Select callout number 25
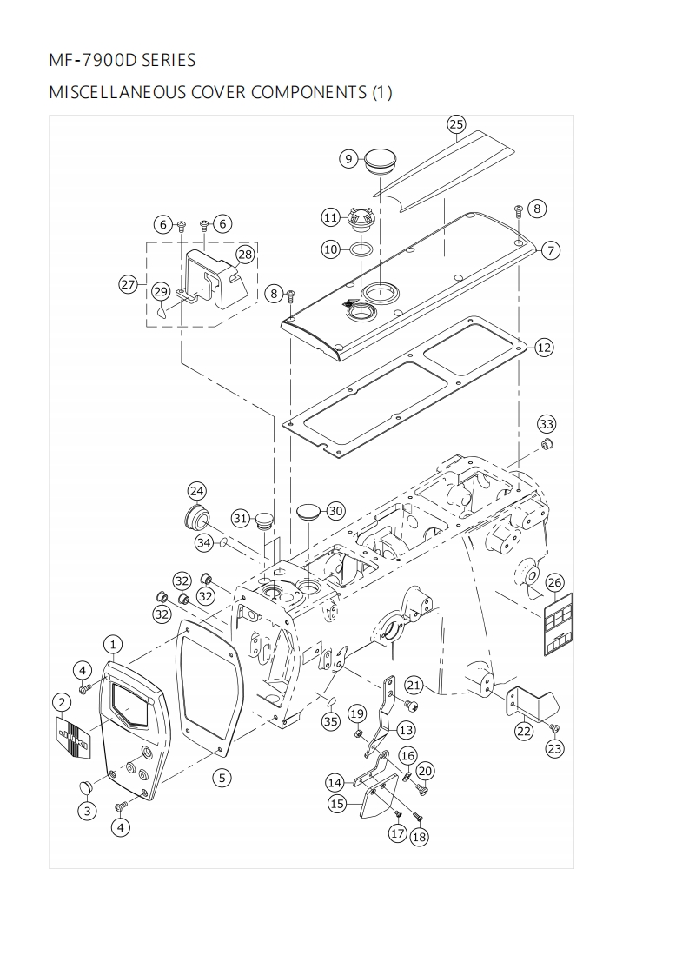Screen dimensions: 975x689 pos(457,124)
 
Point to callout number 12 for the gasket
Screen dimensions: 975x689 pos(544,348)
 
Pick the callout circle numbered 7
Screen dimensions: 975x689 pos(550,250)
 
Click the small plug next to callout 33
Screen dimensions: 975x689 pos(547,446)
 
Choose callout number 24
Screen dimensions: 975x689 pos(197,491)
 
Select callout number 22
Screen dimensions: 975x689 pos(523,731)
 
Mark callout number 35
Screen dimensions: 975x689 pos(330,721)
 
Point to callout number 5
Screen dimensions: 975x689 pos(222,778)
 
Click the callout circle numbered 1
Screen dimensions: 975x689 pos(113,644)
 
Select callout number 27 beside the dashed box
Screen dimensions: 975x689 pos(129,284)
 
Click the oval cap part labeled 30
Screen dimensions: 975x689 pos(310,511)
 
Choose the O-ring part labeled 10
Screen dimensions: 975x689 pos(364,249)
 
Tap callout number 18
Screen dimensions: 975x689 pos(419,837)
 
